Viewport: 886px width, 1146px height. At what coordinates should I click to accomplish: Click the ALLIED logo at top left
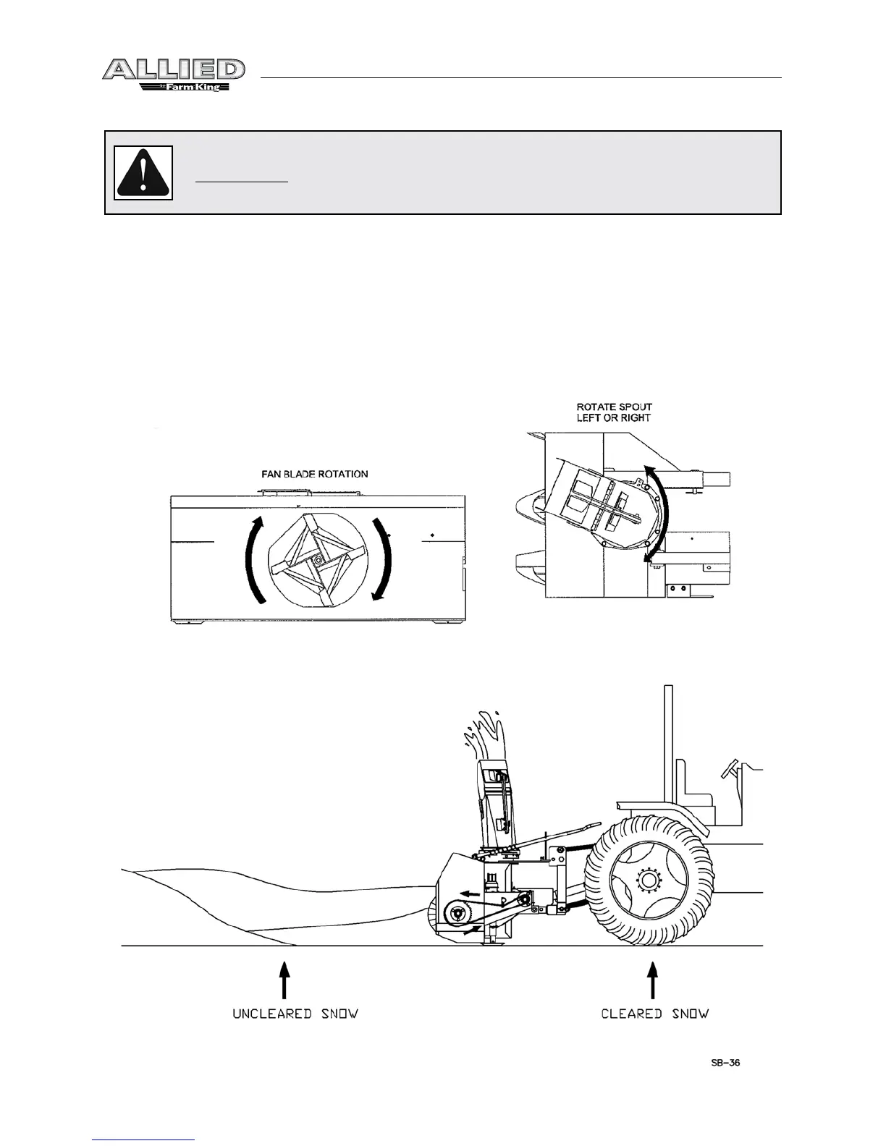tap(173, 70)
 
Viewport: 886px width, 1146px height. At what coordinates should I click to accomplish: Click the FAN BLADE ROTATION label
tap(314, 474)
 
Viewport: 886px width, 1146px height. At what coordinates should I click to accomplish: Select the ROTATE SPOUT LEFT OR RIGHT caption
tap(614, 412)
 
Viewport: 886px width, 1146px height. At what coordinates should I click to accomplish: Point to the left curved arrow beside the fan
tap(254, 559)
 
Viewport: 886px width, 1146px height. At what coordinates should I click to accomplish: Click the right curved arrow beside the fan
tap(382, 558)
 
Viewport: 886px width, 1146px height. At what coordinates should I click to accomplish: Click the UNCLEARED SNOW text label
tap(295, 1014)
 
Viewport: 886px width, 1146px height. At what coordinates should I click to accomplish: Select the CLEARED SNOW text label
tap(654, 1014)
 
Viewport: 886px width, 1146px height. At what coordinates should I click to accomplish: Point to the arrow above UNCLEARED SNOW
tap(285, 979)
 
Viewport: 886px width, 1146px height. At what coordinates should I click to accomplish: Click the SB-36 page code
tap(724, 1064)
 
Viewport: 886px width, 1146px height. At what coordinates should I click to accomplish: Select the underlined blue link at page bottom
tap(144, 1139)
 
